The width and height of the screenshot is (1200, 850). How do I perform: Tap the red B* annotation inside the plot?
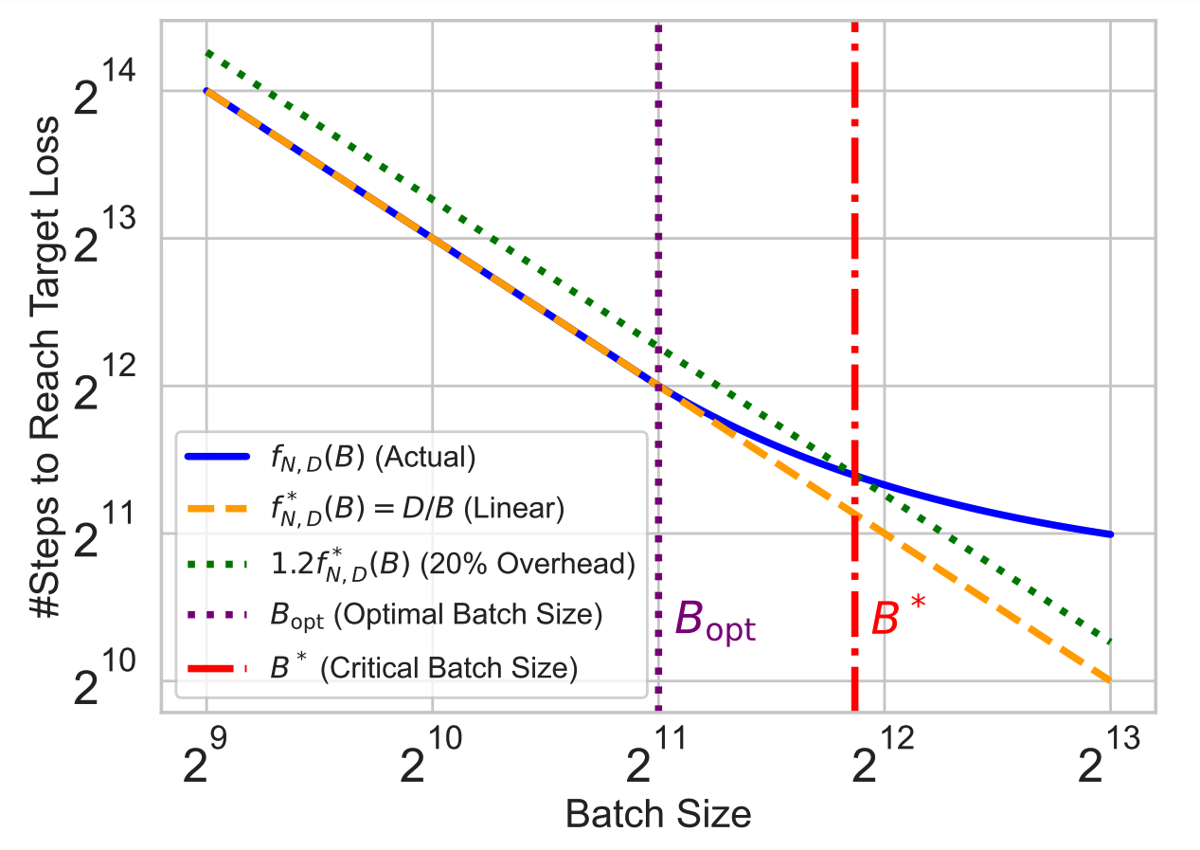click(x=899, y=620)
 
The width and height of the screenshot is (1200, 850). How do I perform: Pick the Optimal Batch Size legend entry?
click(x=436, y=616)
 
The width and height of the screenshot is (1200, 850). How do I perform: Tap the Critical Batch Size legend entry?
click(x=423, y=668)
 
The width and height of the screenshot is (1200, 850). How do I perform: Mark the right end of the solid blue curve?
click(x=1110, y=534)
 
